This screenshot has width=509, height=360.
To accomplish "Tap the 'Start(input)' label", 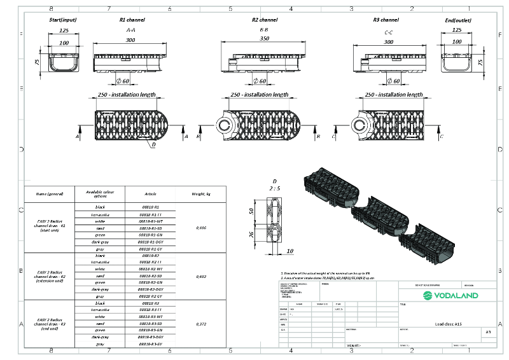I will pyautogui.click(x=64, y=20).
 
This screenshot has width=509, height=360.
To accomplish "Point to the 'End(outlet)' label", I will pyautogui.click(x=457, y=20).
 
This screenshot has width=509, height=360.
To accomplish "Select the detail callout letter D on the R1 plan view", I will pyautogui.click(x=153, y=144).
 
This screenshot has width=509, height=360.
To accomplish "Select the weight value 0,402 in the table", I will pyautogui.click(x=202, y=276).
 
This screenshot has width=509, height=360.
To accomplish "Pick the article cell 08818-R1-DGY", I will pyautogui.click(x=151, y=243).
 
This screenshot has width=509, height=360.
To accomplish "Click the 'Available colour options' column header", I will pyautogui.click(x=101, y=193).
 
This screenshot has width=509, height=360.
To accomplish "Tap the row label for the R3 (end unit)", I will pyautogui.click(x=50, y=324).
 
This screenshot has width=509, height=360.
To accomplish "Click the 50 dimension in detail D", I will pyautogui.click(x=251, y=210).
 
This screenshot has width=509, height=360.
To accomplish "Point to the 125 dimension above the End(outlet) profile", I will pyautogui.click(x=457, y=30).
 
